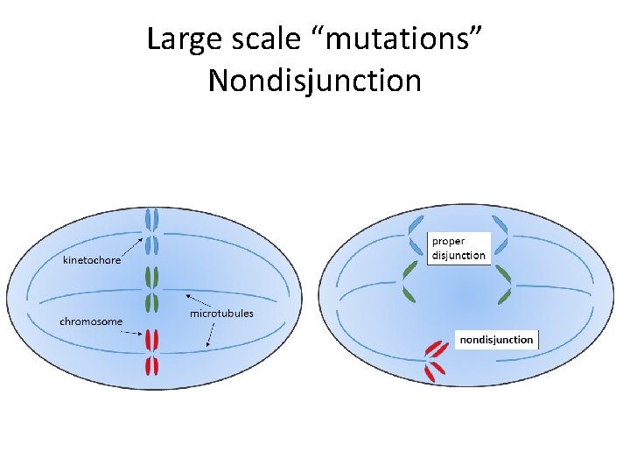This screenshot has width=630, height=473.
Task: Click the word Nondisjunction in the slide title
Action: [x=315, y=81]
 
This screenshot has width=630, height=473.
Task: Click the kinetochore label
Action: [x=92, y=260]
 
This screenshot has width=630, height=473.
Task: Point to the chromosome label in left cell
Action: [x=91, y=321]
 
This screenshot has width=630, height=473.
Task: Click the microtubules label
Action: [x=221, y=313]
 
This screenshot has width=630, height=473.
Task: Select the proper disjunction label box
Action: [x=458, y=248]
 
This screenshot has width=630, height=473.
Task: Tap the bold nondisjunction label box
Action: [x=497, y=339]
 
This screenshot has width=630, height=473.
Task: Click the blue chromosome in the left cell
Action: [x=151, y=231]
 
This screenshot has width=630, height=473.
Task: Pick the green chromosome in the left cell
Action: [x=151, y=289]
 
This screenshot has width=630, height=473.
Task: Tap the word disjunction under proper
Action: [x=458, y=256]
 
